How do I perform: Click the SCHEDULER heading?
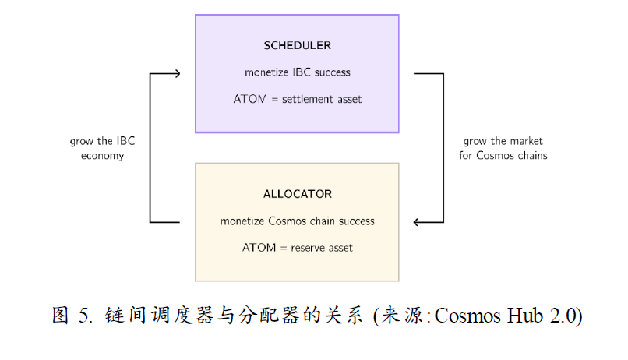coord(297,45)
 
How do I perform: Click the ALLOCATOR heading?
coord(297,193)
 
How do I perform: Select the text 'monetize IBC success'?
coord(297,72)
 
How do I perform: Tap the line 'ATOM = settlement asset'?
coord(297,99)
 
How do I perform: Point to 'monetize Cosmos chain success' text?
coord(297,221)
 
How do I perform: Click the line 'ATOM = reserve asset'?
coord(297,248)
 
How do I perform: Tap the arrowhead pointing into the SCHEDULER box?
coord(177,73)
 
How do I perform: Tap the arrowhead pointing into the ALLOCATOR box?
coord(418,223)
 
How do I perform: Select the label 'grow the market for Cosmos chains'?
coord(504,148)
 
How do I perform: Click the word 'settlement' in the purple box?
coord(306,99)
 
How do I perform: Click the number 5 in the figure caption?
coord(83,316)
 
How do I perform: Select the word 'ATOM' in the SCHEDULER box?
coord(248,99)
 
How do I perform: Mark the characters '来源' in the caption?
coord(404,316)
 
